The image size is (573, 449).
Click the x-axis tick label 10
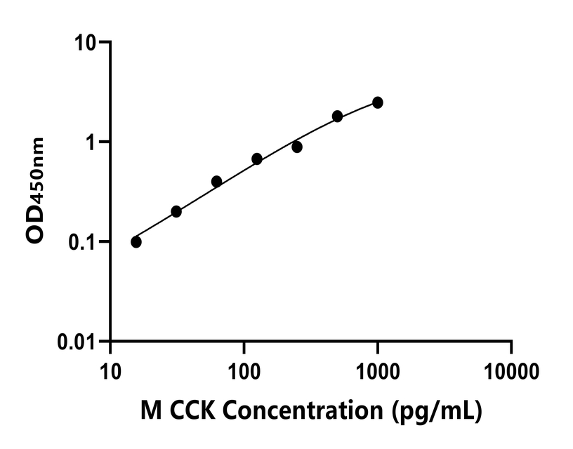point(110,368)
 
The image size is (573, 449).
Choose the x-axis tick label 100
point(244,368)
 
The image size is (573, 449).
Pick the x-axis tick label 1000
point(378,368)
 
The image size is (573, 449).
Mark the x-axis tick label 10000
point(511,368)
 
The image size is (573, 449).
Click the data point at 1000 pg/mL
point(378,102)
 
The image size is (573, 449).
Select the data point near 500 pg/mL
point(338,116)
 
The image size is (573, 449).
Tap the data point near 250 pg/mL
point(297,147)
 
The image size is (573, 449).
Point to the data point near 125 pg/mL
point(257,159)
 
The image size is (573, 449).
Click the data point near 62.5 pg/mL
point(216,182)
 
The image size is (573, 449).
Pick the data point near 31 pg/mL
point(176,211)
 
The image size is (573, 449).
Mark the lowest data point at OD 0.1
point(136,242)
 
